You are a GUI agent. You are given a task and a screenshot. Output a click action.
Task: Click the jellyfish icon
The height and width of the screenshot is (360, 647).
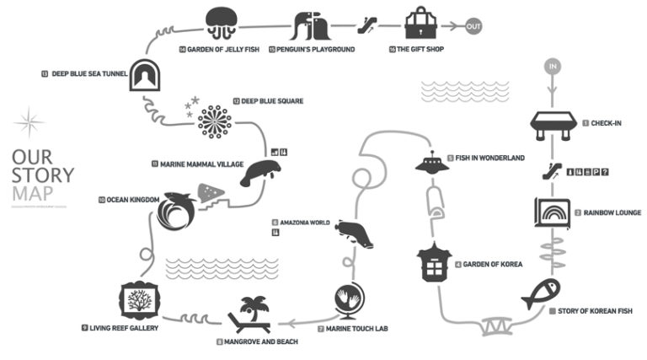221,22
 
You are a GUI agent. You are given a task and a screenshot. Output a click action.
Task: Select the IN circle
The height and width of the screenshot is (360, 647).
553,65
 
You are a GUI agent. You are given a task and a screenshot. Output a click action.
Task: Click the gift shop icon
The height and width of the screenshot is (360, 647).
419,23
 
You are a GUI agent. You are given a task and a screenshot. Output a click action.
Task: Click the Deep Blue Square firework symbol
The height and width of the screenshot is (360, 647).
215,121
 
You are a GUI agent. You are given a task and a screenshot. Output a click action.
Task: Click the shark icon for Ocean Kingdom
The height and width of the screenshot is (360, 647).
176,211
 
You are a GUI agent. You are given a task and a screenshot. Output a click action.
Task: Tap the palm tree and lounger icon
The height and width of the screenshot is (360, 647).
250,314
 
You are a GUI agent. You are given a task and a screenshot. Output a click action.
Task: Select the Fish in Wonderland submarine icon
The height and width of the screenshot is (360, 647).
433,163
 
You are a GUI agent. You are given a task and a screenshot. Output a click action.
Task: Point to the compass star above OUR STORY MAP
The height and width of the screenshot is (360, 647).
29,123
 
